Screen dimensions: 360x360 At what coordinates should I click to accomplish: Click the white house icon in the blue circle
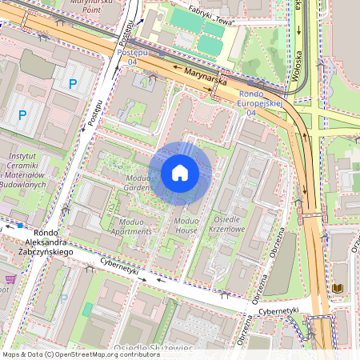pos(180,172)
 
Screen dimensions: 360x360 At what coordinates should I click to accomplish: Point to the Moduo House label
pos(186,226)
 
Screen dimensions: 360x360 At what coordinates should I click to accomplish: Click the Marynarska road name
pos(206,77)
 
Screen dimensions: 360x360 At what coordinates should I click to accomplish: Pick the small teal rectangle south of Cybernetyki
pos(88,309)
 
